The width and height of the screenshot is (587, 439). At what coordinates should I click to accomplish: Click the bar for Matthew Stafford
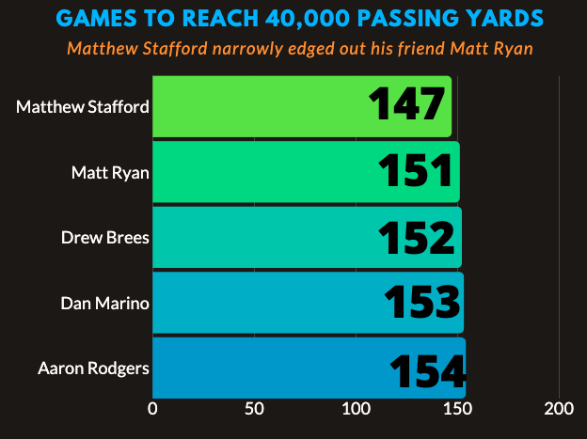coord(254,106)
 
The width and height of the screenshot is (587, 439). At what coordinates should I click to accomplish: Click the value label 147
coord(405,105)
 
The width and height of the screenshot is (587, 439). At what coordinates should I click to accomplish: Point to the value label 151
coord(418,172)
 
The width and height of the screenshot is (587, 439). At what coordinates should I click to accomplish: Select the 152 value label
coord(419,238)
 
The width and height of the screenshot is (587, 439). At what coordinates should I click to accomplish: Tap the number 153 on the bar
coord(422,303)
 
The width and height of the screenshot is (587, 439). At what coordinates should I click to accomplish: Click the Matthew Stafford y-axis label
coord(83,106)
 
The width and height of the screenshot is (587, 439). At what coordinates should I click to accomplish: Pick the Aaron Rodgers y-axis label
coord(93,368)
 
